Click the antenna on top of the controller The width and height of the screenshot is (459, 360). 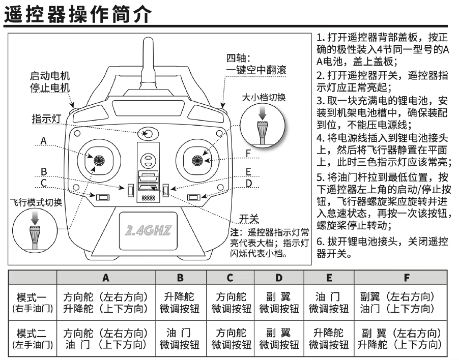point(148,56)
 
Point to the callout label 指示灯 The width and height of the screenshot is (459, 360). point(46,118)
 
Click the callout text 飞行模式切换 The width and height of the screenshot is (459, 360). point(36,203)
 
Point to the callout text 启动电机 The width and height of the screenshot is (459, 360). point(50,76)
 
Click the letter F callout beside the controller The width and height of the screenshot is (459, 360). point(248,153)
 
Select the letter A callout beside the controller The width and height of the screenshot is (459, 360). point(44,140)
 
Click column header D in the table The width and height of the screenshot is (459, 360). point(279,278)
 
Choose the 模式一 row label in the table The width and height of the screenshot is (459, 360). point(32,297)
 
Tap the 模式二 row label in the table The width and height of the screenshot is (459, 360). point(32,334)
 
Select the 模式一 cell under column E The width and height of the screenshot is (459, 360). point(329,303)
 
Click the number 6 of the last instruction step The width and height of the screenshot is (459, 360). point(320,241)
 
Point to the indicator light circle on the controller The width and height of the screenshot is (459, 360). point(148,134)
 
